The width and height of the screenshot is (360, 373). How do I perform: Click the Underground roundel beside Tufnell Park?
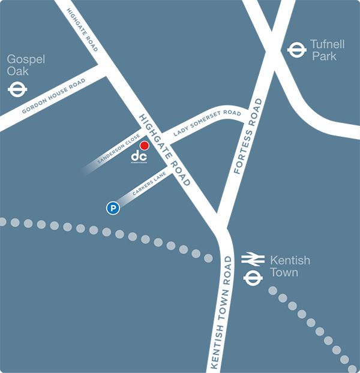pos(296,50)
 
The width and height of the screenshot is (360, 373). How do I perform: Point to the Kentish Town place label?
pos(290,266)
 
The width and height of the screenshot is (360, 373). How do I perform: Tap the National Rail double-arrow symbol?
pos(253,260)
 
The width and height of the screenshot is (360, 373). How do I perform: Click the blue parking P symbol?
pos(112,209)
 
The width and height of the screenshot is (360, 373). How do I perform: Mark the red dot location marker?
pos(144,145)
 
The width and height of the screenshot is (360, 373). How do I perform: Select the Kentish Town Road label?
pos(220,312)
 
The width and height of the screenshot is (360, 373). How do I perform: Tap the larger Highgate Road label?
pos(164,149)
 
